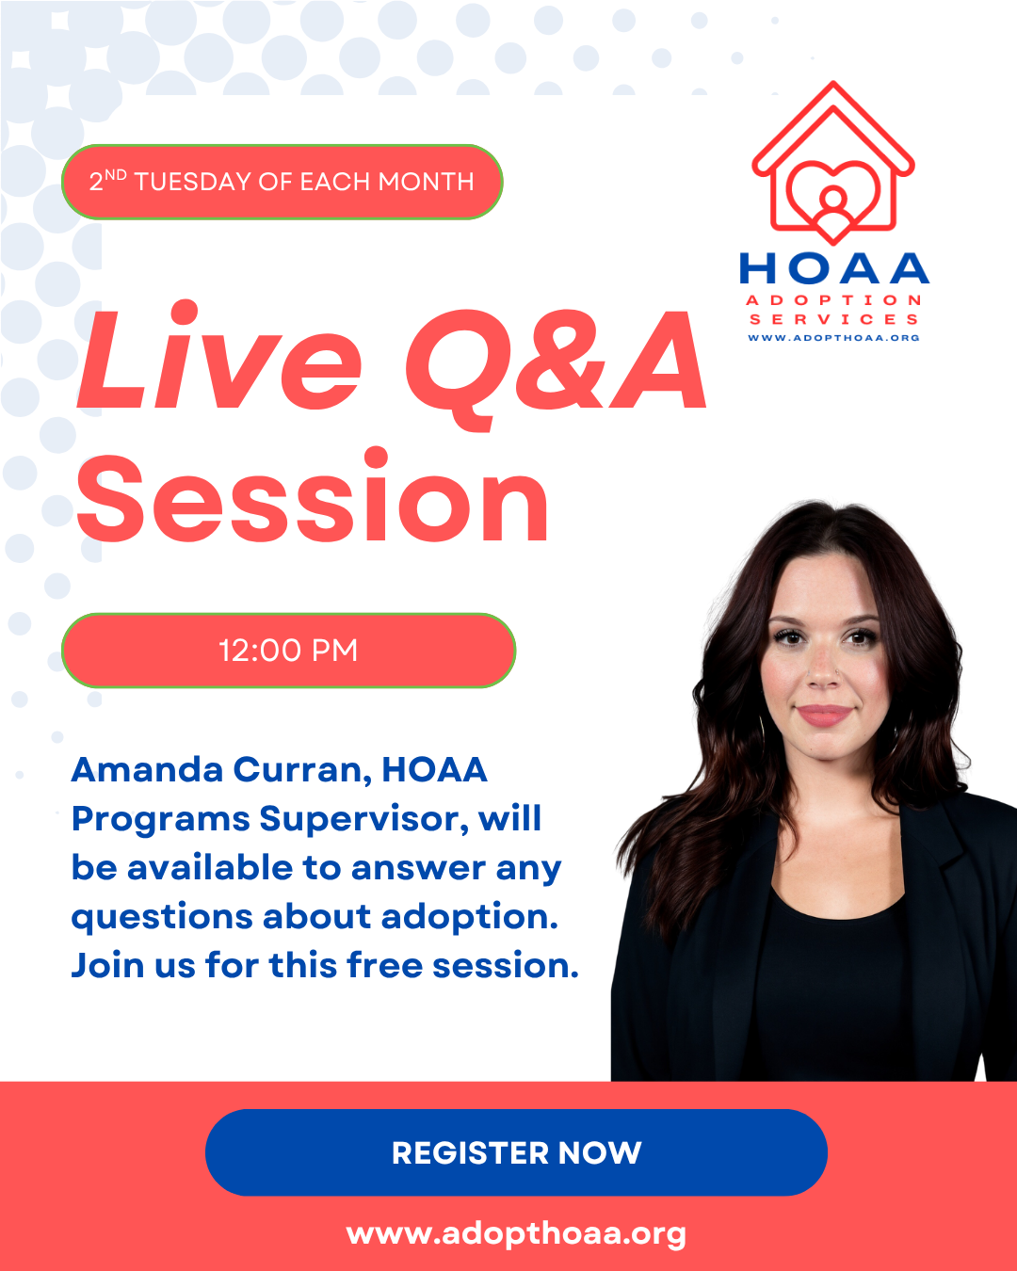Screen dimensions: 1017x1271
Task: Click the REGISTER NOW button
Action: (x=516, y=1152)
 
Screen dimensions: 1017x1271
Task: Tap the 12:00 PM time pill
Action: (x=288, y=651)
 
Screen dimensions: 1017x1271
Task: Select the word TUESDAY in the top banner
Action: (x=193, y=182)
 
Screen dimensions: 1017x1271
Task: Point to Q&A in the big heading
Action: (x=556, y=366)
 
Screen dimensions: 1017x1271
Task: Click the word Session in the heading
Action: (x=313, y=496)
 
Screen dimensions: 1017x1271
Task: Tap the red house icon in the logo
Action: (x=833, y=163)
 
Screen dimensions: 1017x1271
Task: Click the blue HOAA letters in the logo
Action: (x=834, y=268)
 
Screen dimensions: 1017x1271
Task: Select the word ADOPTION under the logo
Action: (x=833, y=300)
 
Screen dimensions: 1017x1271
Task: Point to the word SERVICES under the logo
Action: (x=833, y=319)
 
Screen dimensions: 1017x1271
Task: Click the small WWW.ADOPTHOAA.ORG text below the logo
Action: (x=833, y=338)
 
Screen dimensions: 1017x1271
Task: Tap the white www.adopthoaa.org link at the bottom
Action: (x=516, y=1234)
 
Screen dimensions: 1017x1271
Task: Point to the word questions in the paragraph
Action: (x=161, y=919)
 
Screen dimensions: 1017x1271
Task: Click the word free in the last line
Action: (x=385, y=965)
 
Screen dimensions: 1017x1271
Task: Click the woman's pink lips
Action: (x=824, y=715)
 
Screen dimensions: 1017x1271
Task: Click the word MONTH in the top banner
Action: (x=426, y=182)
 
